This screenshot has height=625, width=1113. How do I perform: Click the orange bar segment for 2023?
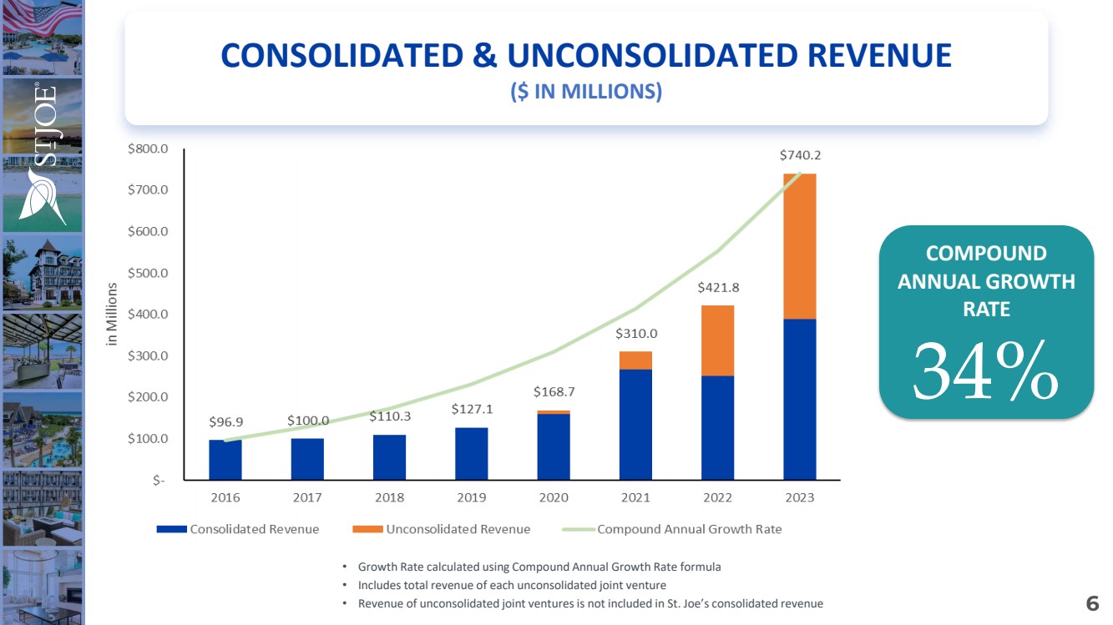799,246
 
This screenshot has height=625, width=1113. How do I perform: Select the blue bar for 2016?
225,459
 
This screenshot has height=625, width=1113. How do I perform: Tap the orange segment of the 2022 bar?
717,340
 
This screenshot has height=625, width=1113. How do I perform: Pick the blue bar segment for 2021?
635,424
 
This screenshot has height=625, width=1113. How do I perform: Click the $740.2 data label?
800,155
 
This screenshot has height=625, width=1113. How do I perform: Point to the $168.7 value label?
554,391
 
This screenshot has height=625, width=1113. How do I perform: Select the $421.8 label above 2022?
718,288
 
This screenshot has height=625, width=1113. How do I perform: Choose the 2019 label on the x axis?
472,497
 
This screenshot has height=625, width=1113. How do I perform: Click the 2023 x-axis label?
799,497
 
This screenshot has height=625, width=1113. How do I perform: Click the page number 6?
1092,603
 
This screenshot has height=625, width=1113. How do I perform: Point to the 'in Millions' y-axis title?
113,314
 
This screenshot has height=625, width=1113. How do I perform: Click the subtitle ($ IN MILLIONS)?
586,92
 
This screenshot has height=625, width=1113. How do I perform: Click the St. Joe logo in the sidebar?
43,155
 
